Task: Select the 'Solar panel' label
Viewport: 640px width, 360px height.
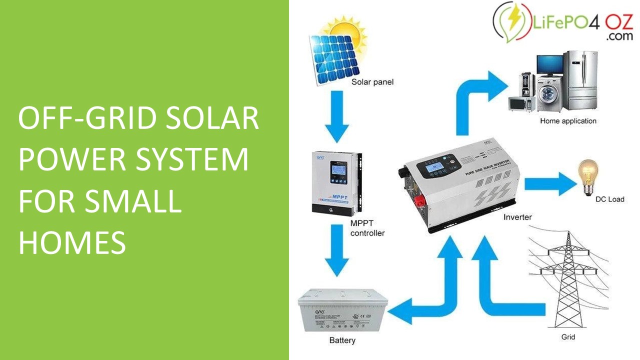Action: [372, 82]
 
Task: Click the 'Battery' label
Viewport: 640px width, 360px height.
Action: [342, 340]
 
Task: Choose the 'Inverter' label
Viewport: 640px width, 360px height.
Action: [517, 217]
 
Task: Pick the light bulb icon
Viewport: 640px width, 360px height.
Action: [588, 174]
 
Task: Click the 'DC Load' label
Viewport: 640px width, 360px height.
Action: [609, 199]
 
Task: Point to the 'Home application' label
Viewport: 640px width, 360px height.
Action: [568, 121]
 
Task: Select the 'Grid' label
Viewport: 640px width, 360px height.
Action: [568, 337]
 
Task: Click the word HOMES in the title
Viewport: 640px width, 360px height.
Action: [72, 243]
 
